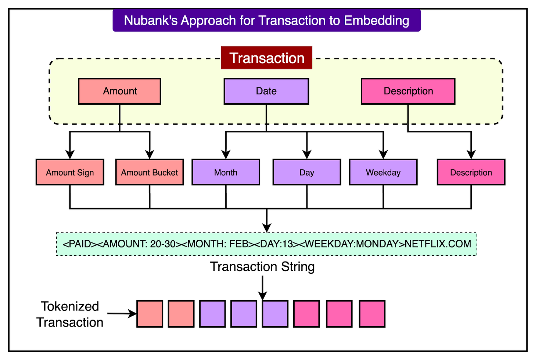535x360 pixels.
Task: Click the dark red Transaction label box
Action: coord(266,58)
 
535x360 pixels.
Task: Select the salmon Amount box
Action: coord(119,91)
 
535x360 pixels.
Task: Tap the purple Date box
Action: coord(266,91)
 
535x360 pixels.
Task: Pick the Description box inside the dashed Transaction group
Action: coord(408,91)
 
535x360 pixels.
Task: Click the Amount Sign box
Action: coord(70,172)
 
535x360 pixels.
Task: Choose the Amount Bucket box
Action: coord(149,172)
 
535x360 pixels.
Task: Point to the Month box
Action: coord(226,172)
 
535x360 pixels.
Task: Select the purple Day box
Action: coord(306,172)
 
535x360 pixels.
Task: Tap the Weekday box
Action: coord(383,172)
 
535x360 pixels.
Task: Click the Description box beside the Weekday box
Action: coord(471,172)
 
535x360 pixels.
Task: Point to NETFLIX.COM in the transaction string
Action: coord(438,244)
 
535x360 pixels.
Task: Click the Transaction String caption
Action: coord(262,267)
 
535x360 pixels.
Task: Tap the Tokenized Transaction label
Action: coord(70,314)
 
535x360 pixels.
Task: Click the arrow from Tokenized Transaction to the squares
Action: coord(122,314)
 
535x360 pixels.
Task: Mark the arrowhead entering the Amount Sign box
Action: coord(70,154)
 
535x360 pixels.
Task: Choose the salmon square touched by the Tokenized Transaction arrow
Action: coord(150,314)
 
